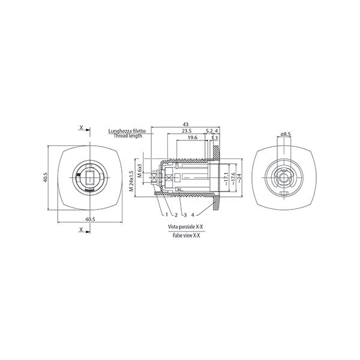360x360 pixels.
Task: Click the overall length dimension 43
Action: (x=185, y=124)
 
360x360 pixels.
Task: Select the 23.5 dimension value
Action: (x=187, y=131)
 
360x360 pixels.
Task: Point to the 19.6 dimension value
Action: (x=193, y=137)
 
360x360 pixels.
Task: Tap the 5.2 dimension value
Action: (x=209, y=131)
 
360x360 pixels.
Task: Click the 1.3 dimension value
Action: (x=214, y=138)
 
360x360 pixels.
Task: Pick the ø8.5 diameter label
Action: (x=286, y=134)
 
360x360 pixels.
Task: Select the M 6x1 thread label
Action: (x=140, y=171)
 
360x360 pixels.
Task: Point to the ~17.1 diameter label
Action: (x=226, y=179)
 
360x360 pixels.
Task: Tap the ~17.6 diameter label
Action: (x=233, y=179)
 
